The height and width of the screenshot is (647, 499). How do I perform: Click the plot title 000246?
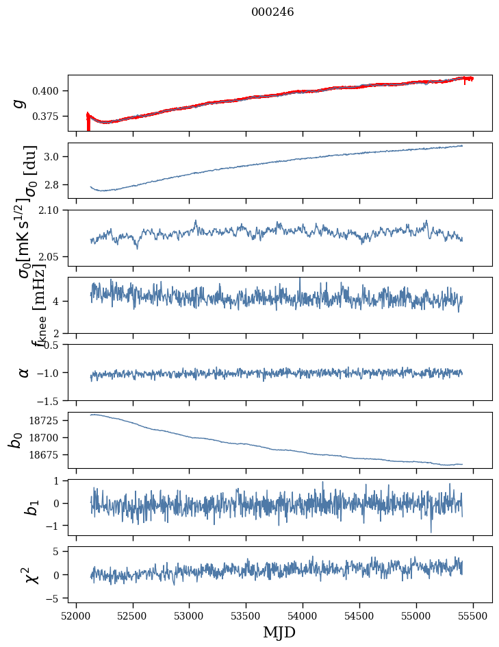[272, 12]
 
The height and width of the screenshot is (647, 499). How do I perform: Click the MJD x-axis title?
[279, 632]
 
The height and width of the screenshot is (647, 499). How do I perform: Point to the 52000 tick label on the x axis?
[76, 615]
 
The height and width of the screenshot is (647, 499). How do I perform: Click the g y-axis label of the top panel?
[20, 103]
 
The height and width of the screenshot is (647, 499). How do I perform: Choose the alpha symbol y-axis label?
[24, 372]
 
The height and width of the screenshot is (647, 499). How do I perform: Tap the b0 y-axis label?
[15, 439]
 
